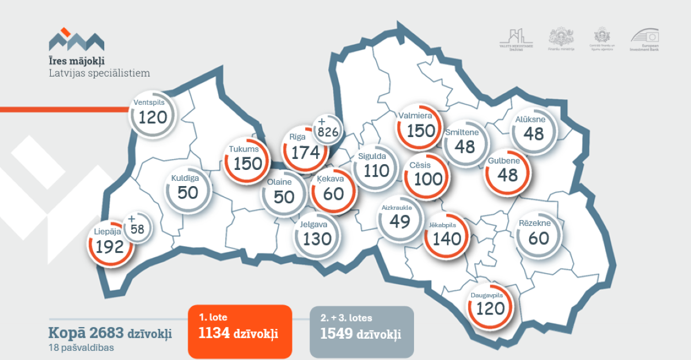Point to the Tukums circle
(248, 160)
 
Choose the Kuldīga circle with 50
(188, 188)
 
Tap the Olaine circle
(284, 194)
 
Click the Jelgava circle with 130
(317, 235)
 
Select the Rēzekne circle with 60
(538, 234)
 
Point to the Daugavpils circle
(490, 305)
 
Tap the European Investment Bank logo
(645, 40)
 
